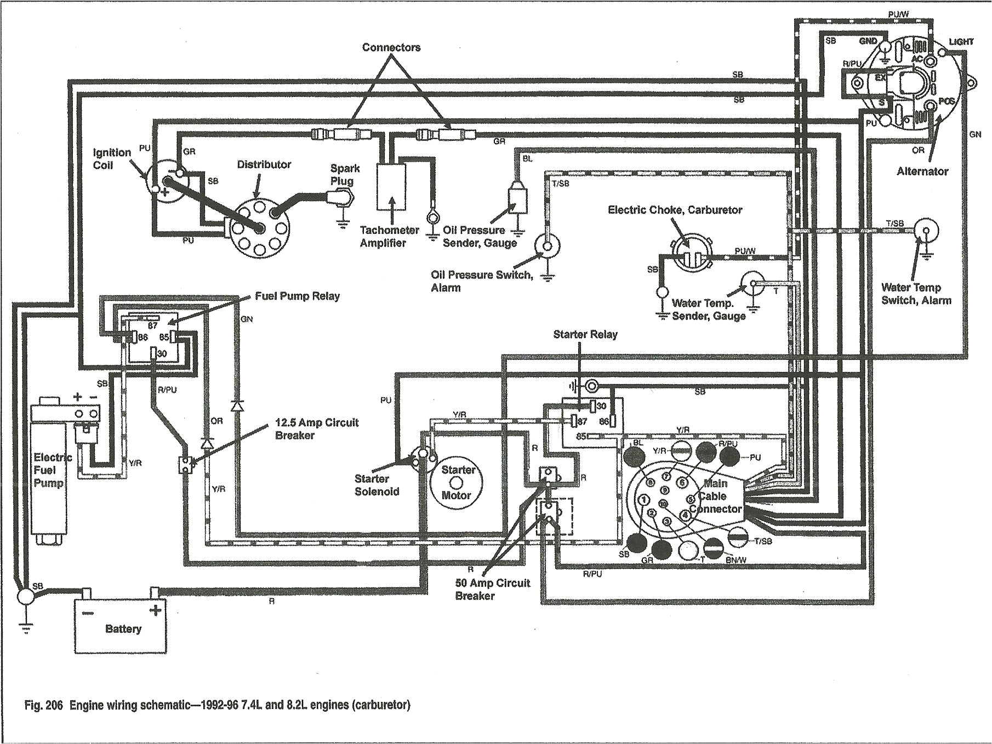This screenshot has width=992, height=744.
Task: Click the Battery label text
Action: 123,629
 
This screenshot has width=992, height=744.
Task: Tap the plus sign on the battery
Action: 156,610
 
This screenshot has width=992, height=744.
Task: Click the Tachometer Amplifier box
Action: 391,186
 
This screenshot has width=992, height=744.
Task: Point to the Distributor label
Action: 264,164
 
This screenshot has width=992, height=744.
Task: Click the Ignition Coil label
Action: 111,158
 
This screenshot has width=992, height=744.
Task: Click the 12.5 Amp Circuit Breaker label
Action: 316,428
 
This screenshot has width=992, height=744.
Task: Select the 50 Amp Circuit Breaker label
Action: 492,589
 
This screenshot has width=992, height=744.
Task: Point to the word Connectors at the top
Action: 391,48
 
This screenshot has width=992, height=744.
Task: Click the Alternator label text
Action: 922,171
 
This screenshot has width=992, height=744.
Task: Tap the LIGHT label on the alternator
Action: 961,42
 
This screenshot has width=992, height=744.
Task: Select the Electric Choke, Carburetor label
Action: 675,210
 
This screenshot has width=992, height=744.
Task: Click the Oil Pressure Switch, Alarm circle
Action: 546,247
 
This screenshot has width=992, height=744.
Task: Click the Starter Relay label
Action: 585,334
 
